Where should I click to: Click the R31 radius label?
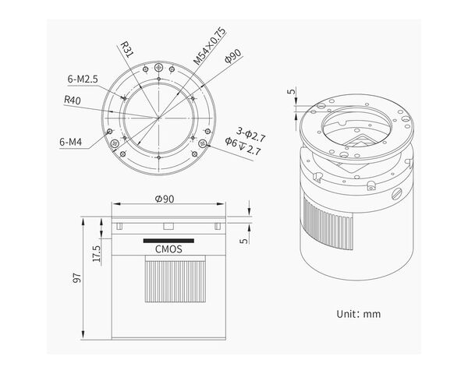[x=127, y=50]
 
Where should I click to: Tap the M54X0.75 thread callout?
[x=209, y=46]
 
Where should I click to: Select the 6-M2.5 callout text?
[x=83, y=79]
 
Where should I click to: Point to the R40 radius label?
[x=73, y=100]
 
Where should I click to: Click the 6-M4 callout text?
[x=71, y=142]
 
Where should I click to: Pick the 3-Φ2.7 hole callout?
[x=250, y=135]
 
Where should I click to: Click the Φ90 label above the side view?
[x=165, y=199]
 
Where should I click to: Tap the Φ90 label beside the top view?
[x=233, y=56]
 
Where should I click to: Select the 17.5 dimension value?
[x=97, y=253]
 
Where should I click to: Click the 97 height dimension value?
[x=77, y=277]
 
